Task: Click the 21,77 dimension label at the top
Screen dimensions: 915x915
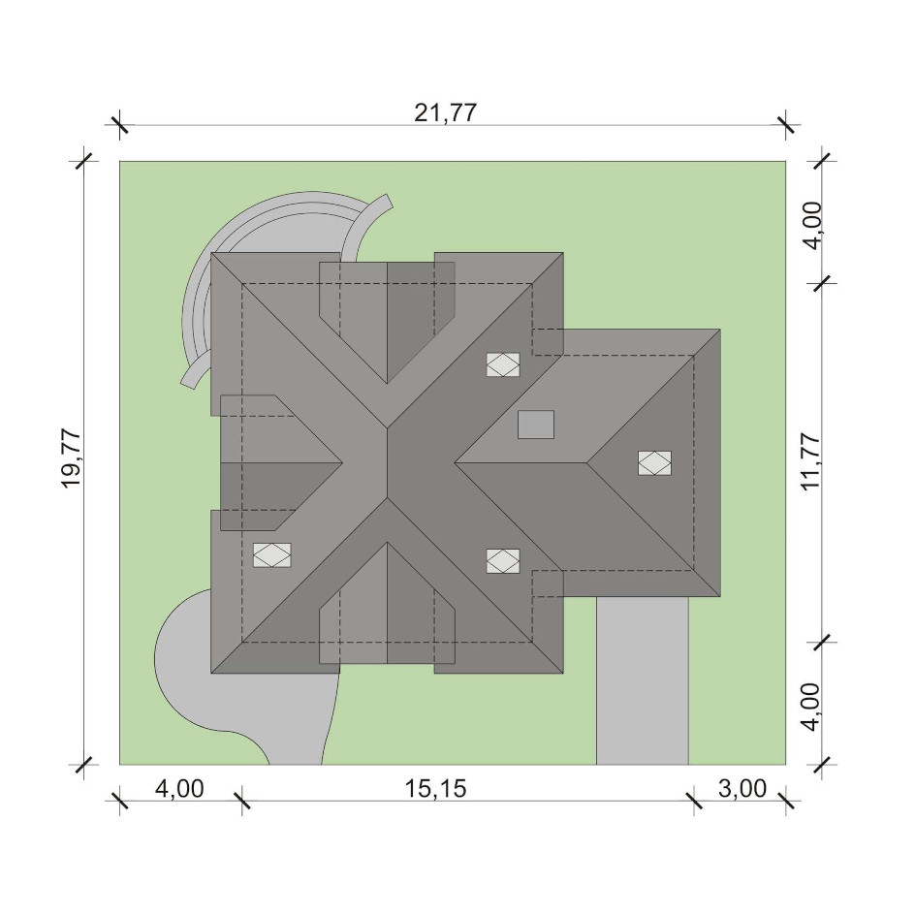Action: pyautogui.click(x=445, y=112)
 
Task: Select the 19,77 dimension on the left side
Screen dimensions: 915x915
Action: pyautogui.click(x=71, y=459)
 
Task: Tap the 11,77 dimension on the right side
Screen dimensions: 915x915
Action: pyautogui.click(x=811, y=462)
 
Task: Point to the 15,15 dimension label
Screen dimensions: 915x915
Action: pyautogui.click(x=436, y=788)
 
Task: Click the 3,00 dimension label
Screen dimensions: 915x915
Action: pyautogui.click(x=742, y=788)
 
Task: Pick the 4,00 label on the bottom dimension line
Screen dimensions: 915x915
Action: pyautogui.click(x=179, y=788)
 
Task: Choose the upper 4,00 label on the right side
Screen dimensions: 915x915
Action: pyautogui.click(x=811, y=225)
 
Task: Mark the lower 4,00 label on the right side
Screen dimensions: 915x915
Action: pyautogui.click(x=811, y=707)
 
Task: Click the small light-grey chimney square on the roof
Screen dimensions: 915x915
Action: pyautogui.click(x=536, y=425)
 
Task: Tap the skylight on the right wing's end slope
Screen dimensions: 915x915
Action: pyautogui.click(x=654, y=462)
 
